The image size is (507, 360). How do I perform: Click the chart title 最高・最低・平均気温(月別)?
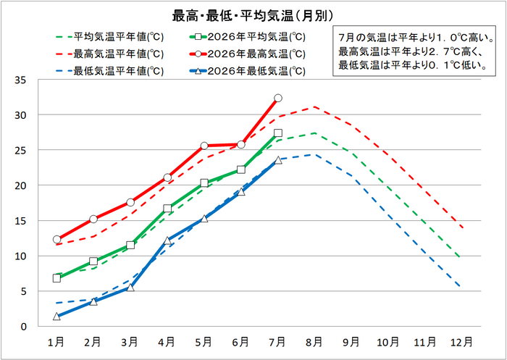tap(253, 16)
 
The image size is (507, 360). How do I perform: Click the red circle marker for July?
tap(277, 98)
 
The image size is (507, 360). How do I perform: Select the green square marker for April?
tap(167, 209)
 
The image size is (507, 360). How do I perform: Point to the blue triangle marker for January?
tap(56, 317)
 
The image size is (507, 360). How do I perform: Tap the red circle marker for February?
tap(93, 219)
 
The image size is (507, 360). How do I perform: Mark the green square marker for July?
tap(277, 133)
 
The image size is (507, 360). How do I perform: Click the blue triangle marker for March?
tap(130, 288)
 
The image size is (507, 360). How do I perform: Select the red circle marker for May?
tap(204, 146)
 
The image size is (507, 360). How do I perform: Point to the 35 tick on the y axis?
tap(21, 80)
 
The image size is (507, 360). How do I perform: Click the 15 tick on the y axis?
tap(21, 221)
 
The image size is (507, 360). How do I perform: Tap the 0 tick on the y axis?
tap(24, 327)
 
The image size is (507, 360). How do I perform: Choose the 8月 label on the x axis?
tap(314, 342)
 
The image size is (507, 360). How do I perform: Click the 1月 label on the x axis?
tap(56, 342)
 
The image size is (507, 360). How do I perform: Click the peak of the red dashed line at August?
tap(314, 106)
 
